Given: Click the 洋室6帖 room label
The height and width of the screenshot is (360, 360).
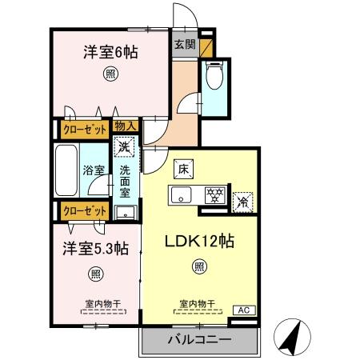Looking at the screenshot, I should coord(110,53).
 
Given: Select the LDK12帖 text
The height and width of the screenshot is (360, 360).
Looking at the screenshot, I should coord(198,241).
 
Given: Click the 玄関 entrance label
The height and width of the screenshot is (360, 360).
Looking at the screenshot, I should coord(183,46).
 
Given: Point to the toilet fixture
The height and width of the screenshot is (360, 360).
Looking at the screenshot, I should coord(214,78).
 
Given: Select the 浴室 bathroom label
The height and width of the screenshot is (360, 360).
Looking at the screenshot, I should coord(94,170).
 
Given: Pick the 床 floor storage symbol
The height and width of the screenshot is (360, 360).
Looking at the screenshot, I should coord(182,168).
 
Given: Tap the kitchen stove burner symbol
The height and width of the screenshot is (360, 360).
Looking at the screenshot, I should coord(214,194).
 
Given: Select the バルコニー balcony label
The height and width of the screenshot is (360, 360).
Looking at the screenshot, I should coord(199,340).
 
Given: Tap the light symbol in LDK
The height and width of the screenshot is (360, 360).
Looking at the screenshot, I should coord(199,267).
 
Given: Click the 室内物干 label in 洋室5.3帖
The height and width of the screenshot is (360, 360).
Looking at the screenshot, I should coord(102,303).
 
